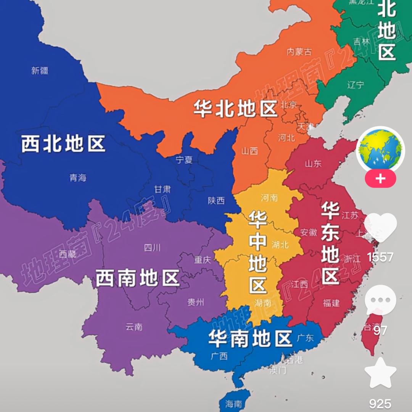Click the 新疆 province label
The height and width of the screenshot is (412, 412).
tap(40, 71)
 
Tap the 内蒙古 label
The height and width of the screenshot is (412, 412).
tap(299, 52)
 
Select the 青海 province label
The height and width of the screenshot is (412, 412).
tap(78, 177)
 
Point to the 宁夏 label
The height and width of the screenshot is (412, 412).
tap(184, 160)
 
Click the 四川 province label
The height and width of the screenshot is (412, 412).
tap(152, 248)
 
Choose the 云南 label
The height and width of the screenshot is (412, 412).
tap(134, 327)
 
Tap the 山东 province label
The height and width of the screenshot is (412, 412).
tap(313, 164)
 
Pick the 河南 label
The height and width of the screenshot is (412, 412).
tap(269, 198)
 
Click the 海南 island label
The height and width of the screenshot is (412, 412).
tap(233, 404)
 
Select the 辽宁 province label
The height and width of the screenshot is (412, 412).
tap(356, 85)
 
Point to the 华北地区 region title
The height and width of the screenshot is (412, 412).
tap(235, 108)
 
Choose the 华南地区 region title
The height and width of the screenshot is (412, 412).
tap(250, 338)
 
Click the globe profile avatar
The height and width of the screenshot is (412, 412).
tap(380, 150)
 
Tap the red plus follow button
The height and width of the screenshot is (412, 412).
tap(380, 179)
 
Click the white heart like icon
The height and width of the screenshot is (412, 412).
tap(380, 228)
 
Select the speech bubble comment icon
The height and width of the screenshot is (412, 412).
tap(380, 300)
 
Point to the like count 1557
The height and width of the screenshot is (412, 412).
tap(380, 257)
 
